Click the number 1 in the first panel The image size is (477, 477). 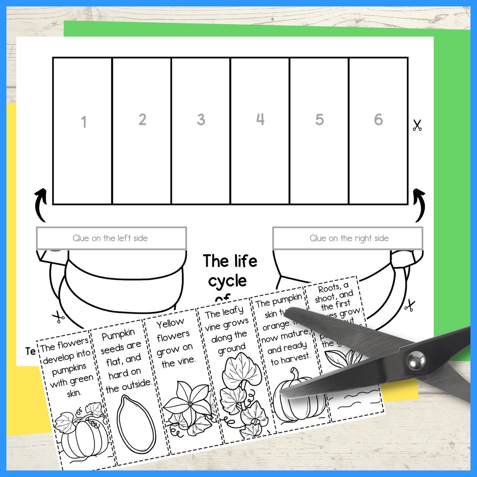pos(84,122)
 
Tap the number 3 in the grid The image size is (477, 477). pos(201,120)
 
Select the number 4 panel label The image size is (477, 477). pos(260,119)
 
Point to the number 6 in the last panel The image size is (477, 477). pos(378,120)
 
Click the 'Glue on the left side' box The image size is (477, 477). pos(111,238)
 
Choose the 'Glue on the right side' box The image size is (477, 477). pos(348,238)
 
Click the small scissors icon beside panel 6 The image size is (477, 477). pos(417,125)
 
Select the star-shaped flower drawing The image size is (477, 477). pos(189,404)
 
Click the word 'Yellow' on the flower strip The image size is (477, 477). pos(170,323)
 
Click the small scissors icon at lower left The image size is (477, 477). pos(58,318)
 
